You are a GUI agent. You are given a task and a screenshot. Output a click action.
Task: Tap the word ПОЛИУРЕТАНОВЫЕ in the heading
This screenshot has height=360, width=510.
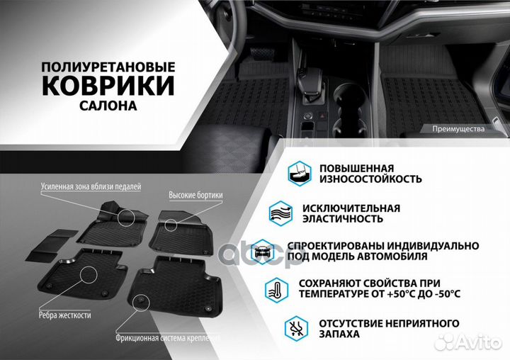[107, 65]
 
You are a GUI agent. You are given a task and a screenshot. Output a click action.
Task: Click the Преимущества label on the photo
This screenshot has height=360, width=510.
[458, 130]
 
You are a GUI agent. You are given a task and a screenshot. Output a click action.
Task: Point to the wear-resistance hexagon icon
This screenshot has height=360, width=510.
[298, 172]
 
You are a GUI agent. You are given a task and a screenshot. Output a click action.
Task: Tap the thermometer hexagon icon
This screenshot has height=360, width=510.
[277, 289]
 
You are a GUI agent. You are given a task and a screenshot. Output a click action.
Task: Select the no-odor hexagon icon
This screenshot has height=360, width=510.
[296, 328]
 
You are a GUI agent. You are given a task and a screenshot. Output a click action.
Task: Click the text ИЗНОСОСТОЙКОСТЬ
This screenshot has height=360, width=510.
[370, 180]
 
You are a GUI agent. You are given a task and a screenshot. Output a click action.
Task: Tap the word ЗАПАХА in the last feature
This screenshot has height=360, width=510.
[339, 334]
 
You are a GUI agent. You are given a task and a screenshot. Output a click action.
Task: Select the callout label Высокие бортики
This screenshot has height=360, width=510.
[195, 194]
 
